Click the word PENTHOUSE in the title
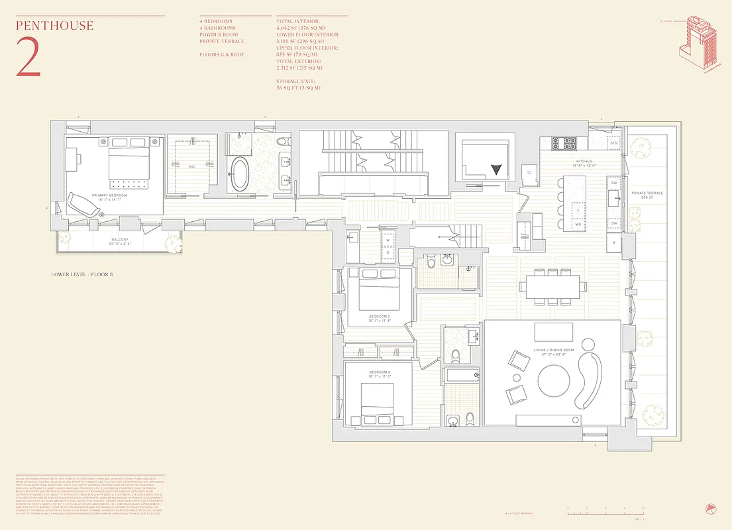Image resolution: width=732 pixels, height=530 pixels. pyautogui.click(x=54, y=26)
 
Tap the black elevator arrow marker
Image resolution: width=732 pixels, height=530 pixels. pyautogui.click(x=496, y=169)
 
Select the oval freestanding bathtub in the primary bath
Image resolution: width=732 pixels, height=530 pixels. pyautogui.click(x=239, y=174)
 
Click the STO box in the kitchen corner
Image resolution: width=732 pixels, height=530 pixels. pyautogui.click(x=613, y=142)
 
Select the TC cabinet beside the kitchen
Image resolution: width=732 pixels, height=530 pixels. pyautogui.click(x=529, y=173)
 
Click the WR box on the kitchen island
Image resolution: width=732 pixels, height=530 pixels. pyautogui.click(x=578, y=225)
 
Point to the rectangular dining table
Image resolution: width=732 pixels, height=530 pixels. pyautogui.click(x=553, y=286)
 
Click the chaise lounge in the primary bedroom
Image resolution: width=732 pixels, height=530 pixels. pyautogui.click(x=81, y=203)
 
